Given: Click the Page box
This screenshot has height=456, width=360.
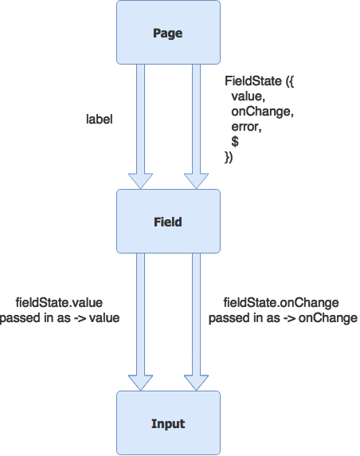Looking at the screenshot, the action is (168, 32).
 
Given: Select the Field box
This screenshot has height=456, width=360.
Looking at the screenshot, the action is (168, 222).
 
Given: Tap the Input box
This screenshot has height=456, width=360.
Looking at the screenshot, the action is (168, 423).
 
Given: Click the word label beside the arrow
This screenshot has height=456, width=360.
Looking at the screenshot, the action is (99, 120).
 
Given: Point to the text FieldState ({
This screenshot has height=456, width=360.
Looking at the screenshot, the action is (259, 81).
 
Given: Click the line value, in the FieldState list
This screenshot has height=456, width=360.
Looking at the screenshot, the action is (248, 96).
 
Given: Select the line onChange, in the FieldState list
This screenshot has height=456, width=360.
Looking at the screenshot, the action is (262, 112).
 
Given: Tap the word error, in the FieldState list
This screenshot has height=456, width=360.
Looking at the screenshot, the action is (246, 127).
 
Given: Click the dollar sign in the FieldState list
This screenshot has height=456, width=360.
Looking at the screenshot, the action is (235, 142).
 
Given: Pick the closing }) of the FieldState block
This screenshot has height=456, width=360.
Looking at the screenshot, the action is (229, 157).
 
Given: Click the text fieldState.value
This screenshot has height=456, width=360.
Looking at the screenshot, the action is (59, 303).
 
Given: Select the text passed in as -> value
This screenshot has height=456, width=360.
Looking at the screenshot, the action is (60, 318).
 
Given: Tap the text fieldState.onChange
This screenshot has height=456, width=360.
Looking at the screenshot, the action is (281, 303).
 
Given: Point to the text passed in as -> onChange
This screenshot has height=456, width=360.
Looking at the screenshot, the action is (283, 318).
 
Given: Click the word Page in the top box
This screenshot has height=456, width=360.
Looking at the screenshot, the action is (167, 33).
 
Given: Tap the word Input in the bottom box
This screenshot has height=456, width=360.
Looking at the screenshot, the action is (168, 424).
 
